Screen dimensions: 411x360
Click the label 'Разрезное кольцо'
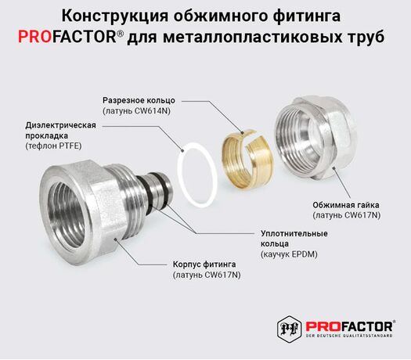[139, 101]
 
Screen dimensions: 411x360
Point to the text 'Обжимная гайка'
[346, 205]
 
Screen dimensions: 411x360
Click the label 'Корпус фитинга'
[204, 265]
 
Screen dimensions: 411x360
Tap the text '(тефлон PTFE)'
[53, 146]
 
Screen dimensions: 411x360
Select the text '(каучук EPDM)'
[289, 254]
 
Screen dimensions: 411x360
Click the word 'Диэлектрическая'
[60, 125]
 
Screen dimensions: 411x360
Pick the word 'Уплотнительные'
[294, 233]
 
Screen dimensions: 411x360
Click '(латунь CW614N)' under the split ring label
[136, 111]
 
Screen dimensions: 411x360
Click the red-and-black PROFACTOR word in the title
[67, 37]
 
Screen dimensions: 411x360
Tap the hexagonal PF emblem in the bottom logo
[289, 328]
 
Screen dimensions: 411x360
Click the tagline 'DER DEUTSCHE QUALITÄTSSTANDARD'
[350, 336]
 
